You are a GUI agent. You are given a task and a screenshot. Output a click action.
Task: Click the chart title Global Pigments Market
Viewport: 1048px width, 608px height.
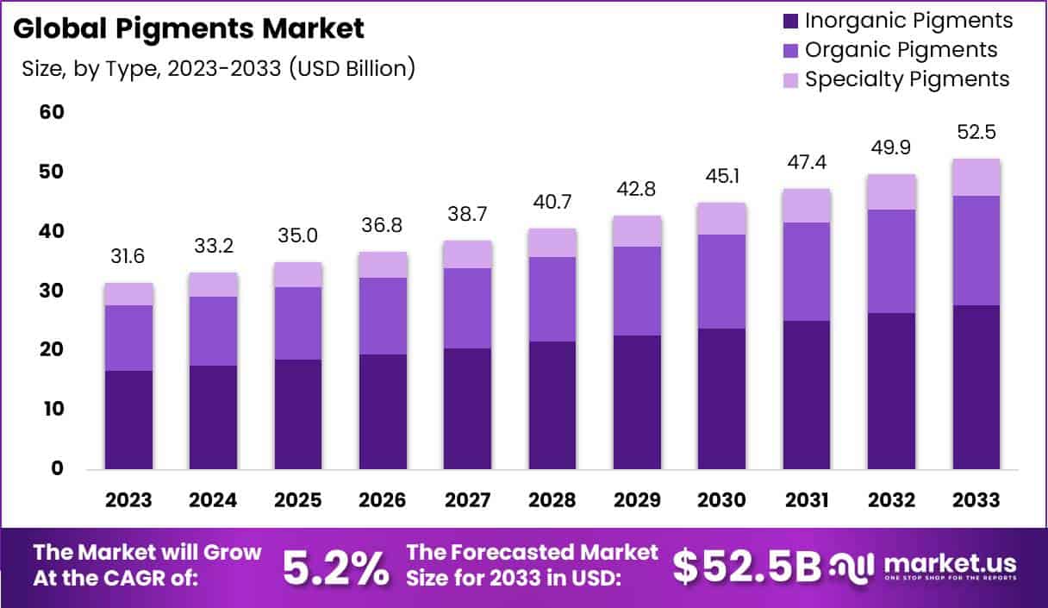(x=190, y=28)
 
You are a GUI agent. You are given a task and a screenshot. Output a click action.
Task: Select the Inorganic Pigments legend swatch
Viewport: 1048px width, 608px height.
(x=789, y=21)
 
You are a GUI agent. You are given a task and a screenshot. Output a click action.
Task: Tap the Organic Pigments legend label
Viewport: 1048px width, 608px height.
(x=901, y=49)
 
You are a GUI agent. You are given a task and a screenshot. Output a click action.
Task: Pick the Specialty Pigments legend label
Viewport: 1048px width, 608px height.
(x=907, y=79)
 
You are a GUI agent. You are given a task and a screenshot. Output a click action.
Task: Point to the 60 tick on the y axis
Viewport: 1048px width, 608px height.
(x=51, y=112)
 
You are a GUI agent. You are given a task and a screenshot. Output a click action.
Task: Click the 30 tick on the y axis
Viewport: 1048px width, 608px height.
(x=51, y=291)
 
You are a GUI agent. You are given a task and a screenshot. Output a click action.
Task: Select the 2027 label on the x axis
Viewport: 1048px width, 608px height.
(x=468, y=500)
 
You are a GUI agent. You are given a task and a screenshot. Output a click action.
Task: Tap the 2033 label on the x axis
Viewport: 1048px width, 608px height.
(x=976, y=500)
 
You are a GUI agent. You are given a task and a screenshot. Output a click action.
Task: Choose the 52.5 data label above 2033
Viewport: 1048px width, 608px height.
(x=976, y=134)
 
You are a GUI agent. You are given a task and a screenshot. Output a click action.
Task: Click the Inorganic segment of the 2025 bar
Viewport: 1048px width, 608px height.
(x=298, y=414)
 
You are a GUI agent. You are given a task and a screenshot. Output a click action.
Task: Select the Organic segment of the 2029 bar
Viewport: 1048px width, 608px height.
(x=638, y=291)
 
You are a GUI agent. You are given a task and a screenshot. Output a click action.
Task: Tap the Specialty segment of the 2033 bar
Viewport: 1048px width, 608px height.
(x=976, y=178)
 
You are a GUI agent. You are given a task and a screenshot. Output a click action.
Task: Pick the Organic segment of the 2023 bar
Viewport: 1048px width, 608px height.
(x=128, y=337)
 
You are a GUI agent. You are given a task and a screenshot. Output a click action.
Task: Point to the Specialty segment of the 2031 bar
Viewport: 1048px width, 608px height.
(x=807, y=205)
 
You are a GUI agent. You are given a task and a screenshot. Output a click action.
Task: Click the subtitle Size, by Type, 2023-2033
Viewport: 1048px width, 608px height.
(x=218, y=68)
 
